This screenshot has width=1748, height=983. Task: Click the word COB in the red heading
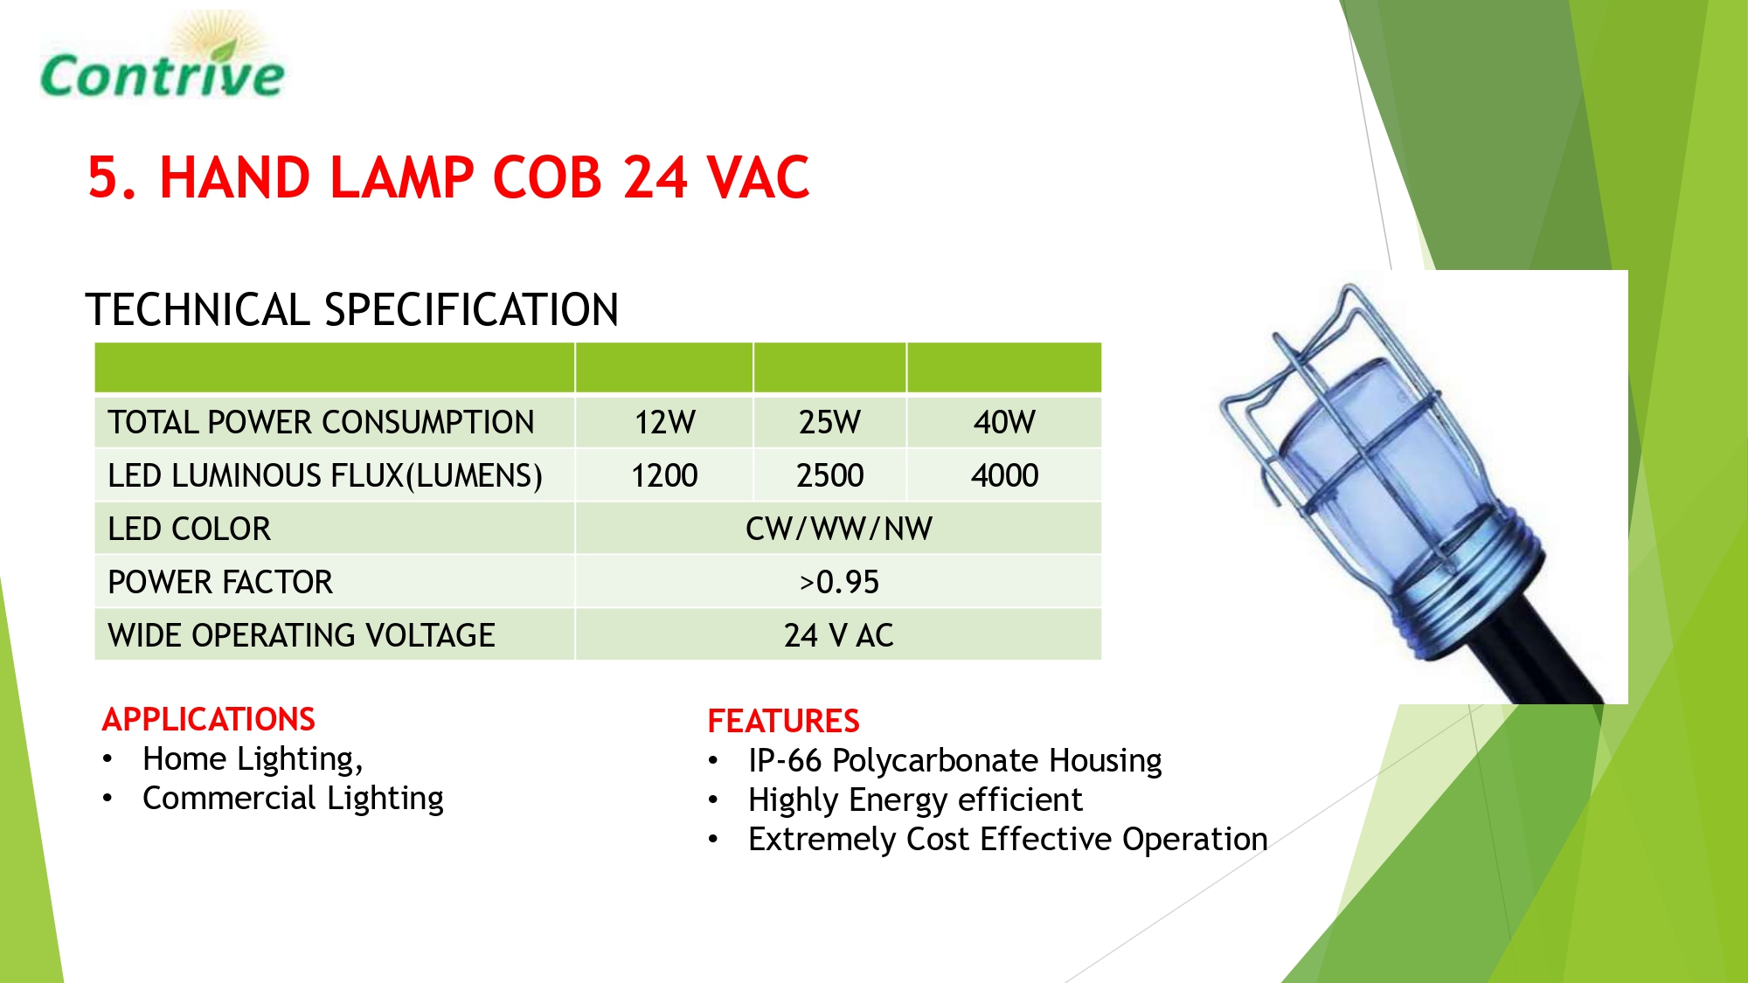pyautogui.click(x=548, y=178)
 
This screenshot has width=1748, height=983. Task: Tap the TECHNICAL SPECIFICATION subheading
pyautogui.click(x=352, y=310)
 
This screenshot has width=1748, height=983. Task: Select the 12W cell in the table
pyautogui.click(x=664, y=423)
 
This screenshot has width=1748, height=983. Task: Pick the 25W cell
pyautogui.click(x=829, y=423)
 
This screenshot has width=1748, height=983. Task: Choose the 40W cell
pyautogui.click(x=1004, y=423)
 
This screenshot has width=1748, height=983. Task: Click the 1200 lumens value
pyautogui.click(x=664, y=476)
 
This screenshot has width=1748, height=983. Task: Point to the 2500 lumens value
pyautogui.click(x=829, y=476)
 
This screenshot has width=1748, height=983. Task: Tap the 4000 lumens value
pyautogui.click(x=1004, y=476)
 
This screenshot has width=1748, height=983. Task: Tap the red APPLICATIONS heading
pyautogui.click(x=208, y=719)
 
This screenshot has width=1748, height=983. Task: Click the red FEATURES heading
pyautogui.click(x=783, y=721)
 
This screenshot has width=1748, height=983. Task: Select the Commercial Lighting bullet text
pyautogui.click(x=293, y=799)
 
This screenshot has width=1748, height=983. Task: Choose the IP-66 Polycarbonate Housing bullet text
pyautogui.click(x=954, y=761)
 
